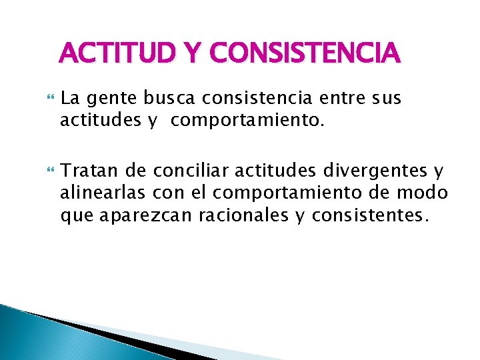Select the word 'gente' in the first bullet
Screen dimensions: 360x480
coord(101,100)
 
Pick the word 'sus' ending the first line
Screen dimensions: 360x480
coord(385,99)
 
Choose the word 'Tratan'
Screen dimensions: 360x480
coord(83,172)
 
